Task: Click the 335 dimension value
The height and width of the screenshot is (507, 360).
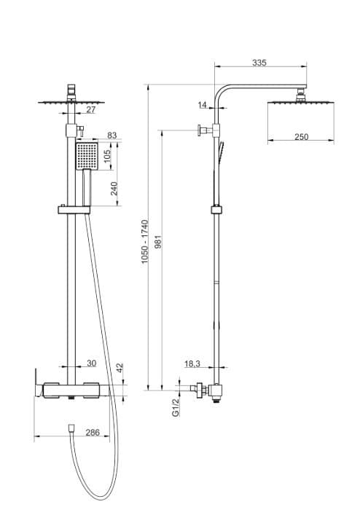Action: click(x=259, y=63)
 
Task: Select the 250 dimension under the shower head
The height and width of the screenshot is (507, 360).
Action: click(x=302, y=136)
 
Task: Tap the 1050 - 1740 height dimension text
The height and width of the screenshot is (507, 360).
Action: click(x=145, y=241)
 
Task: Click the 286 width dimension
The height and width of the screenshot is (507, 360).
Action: click(x=93, y=433)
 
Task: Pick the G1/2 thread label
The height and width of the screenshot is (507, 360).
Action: click(x=175, y=407)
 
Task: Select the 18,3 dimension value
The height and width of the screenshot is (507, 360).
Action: click(x=193, y=363)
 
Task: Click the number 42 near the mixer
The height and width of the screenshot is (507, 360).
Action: click(x=120, y=369)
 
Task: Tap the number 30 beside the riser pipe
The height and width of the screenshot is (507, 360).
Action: click(x=91, y=363)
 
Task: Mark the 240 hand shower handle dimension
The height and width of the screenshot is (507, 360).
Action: click(x=114, y=189)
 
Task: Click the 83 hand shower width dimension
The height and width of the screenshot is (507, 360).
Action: click(x=112, y=135)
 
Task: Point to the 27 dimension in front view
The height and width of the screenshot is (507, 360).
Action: click(x=90, y=109)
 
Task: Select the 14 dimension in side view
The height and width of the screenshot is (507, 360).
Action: click(x=202, y=106)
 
